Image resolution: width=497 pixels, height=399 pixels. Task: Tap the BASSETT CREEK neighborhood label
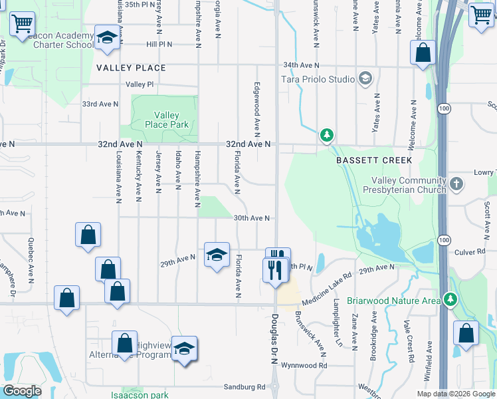point(374,160)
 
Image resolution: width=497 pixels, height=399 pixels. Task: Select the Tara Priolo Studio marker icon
point(365,79)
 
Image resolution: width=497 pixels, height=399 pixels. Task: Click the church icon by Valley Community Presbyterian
point(456,184)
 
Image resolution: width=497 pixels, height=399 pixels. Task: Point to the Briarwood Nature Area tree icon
point(450,300)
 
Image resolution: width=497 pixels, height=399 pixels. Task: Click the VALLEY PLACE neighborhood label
point(131,68)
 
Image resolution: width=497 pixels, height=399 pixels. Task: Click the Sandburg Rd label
point(245,386)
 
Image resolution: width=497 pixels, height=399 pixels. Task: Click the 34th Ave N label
point(301,65)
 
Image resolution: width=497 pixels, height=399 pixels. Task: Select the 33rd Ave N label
point(100,104)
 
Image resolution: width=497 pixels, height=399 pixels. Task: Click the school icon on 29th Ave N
point(217,255)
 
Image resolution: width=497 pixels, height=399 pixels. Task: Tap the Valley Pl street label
point(140,84)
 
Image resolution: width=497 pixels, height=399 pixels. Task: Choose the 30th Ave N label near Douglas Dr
point(250,218)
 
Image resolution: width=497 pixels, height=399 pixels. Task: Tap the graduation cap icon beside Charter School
point(106,39)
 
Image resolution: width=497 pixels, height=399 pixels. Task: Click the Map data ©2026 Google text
point(455,394)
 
